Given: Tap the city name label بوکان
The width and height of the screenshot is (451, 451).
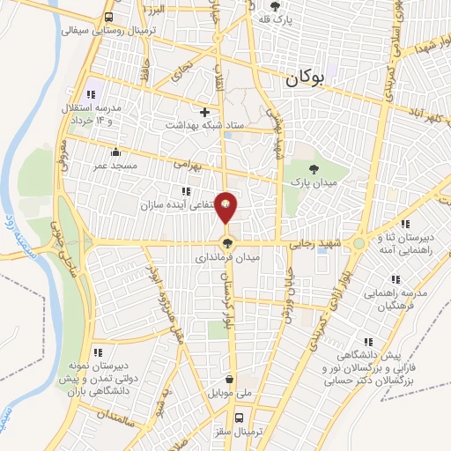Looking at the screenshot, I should click(x=306, y=79).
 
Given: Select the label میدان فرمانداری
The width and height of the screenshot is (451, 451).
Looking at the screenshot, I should click(x=226, y=260).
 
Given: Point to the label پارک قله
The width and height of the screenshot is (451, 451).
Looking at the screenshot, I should click(x=276, y=18).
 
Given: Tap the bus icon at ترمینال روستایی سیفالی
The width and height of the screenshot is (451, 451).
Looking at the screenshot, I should click(x=108, y=17).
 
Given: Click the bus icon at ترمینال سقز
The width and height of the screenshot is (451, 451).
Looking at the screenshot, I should click(x=239, y=418).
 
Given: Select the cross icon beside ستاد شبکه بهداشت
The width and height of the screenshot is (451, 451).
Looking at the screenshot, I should click(x=204, y=112).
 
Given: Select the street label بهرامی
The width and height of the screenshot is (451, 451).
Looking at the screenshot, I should click(x=187, y=163).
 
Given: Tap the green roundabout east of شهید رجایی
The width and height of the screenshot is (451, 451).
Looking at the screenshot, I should click(x=359, y=243).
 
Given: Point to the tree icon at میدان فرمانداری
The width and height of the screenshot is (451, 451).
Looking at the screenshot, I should click(x=227, y=244).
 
